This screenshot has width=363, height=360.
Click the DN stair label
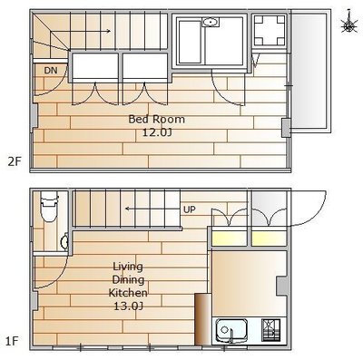[x=51, y=71]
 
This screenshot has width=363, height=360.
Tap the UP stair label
[x=190, y=209]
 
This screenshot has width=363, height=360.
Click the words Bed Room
[x=156, y=119]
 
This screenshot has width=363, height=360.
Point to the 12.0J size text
[x=157, y=132]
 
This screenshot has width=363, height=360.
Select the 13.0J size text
[x=128, y=306]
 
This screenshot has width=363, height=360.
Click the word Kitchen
[x=128, y=293]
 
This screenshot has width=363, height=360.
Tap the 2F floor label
[x=15, y=162]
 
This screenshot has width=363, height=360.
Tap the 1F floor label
[x=12, y=342]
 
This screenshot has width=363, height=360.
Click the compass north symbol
[x=348, y=23]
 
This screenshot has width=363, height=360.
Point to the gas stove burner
[x=270, y=330]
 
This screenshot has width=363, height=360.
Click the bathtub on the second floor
[x=191, y=42]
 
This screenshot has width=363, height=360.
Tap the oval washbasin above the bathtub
[x=211, y=23]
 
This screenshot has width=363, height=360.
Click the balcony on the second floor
[x=309, y=71]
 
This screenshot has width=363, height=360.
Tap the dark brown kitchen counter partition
[x=201, y=319]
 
